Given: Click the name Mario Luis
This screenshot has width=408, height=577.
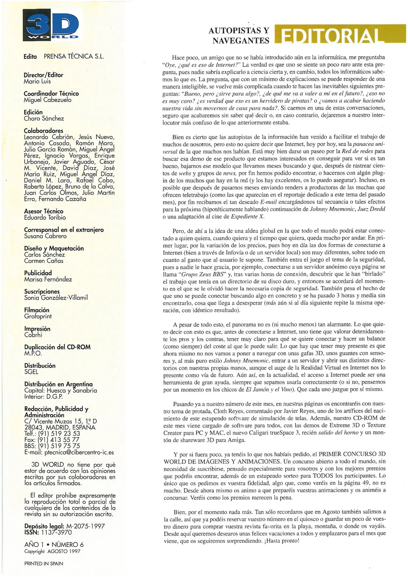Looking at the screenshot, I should coord(37,81).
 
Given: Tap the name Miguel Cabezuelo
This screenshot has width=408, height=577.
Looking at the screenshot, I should coord(48,100).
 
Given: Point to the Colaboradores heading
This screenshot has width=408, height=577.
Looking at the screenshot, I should coord(43,131).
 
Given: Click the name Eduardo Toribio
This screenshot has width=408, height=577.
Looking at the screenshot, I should coord(45,218).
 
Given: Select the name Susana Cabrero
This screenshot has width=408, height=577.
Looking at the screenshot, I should coord(45,236).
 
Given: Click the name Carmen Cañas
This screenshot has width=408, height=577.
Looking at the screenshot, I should coord(44,261).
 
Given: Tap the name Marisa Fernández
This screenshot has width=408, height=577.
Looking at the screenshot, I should coord(48,279).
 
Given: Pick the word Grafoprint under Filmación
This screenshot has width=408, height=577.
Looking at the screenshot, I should coord(38,317).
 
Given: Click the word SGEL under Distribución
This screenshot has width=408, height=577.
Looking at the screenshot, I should coord(31,372).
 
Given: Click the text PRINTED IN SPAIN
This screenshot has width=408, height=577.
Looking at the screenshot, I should coord(44,564).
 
